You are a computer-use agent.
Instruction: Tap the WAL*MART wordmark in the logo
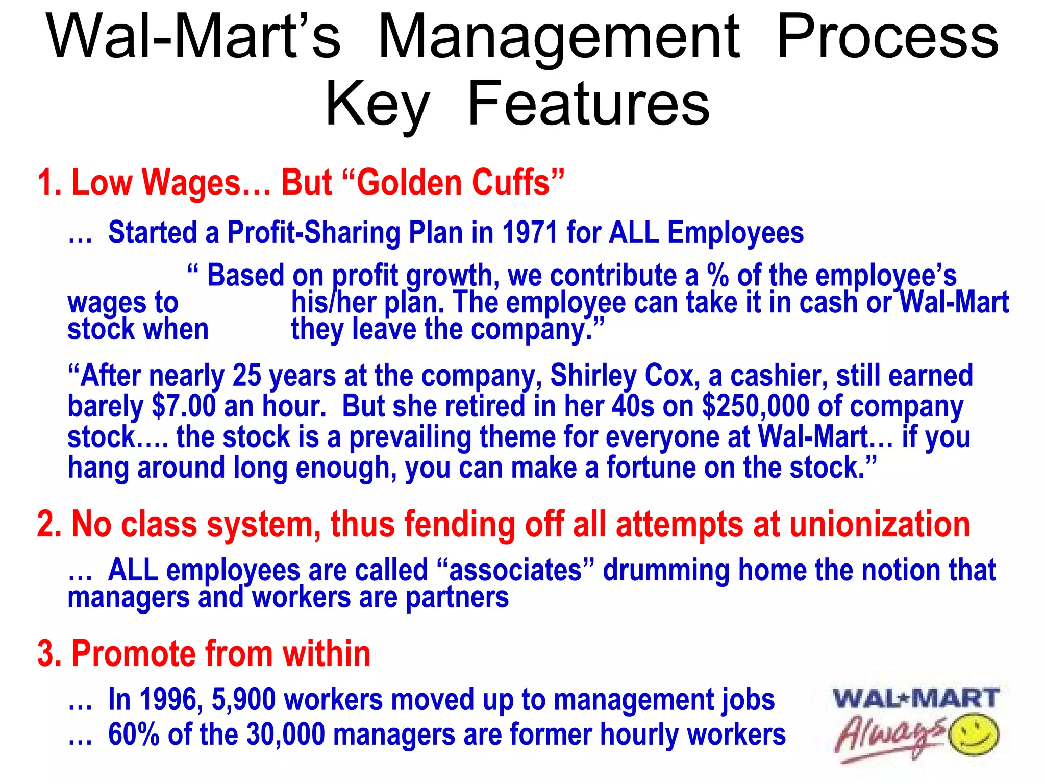pos(916,698)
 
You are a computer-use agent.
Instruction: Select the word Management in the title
pos(558,37)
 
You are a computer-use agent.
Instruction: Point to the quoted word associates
pos(515,570)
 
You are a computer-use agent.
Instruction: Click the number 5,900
pos(243,699)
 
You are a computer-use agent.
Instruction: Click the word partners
pos(457,597)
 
